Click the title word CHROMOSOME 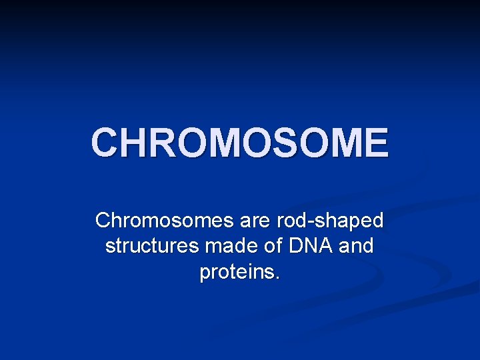tap(239, 142)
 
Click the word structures tap(152, 247)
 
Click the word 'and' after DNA tap(356, 247)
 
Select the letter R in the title tap(171, 142)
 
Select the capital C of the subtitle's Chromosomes tap(103, 220)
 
